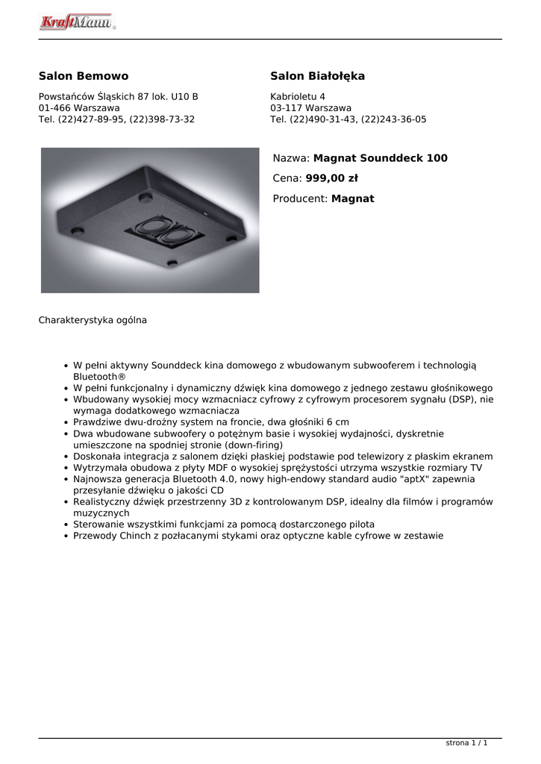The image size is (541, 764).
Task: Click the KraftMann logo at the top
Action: pos(76,22)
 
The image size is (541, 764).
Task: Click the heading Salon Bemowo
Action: pos(84,76)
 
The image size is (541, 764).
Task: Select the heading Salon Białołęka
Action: pos(317,76)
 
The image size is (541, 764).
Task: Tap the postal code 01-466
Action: pos(54,108)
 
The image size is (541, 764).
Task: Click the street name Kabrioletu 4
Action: pos(298,97)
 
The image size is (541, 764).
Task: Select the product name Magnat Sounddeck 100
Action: pos(381,158)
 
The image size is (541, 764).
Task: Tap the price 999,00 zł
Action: pos(332,178)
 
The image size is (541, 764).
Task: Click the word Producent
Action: pos(299,198)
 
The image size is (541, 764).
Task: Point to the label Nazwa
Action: pos(290,158)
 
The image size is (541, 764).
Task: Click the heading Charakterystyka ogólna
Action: pos(93,320)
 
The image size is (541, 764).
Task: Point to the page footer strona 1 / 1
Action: pos(466,743)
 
